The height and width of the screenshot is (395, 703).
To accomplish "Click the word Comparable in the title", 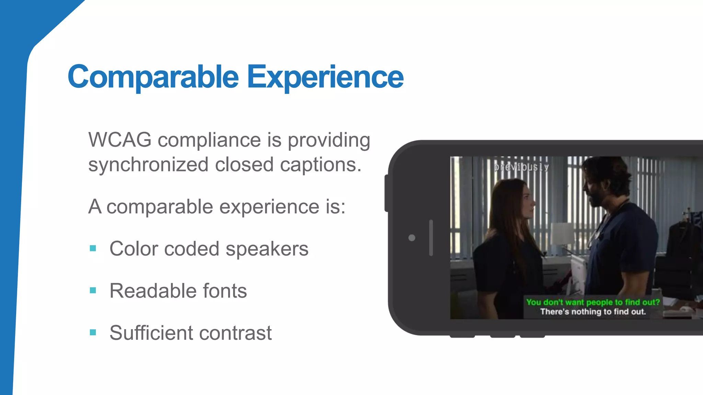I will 153,77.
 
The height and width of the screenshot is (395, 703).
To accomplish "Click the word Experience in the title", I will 325,77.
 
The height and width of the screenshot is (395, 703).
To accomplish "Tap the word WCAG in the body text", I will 120,140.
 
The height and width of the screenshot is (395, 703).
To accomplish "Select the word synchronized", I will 148,165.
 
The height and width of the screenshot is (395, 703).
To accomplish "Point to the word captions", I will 321,165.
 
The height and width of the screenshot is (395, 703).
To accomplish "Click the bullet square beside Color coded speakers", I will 93,248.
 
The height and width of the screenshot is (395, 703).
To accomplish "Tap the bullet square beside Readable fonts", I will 93,290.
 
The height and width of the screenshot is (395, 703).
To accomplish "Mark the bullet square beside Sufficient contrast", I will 93,332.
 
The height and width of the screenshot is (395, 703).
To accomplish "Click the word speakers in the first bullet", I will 267,249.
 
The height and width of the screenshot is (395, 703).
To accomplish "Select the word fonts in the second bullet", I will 225,291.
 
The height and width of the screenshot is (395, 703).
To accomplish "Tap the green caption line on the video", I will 593,302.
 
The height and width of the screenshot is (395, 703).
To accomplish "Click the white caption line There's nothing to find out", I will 593,312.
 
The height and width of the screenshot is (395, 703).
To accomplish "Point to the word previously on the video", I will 521,167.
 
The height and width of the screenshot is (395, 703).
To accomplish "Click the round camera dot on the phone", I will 412,238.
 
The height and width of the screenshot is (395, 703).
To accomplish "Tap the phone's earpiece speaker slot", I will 431,238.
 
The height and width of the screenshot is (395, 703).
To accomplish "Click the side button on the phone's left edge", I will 387,193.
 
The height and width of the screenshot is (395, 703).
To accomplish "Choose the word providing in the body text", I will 329,140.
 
